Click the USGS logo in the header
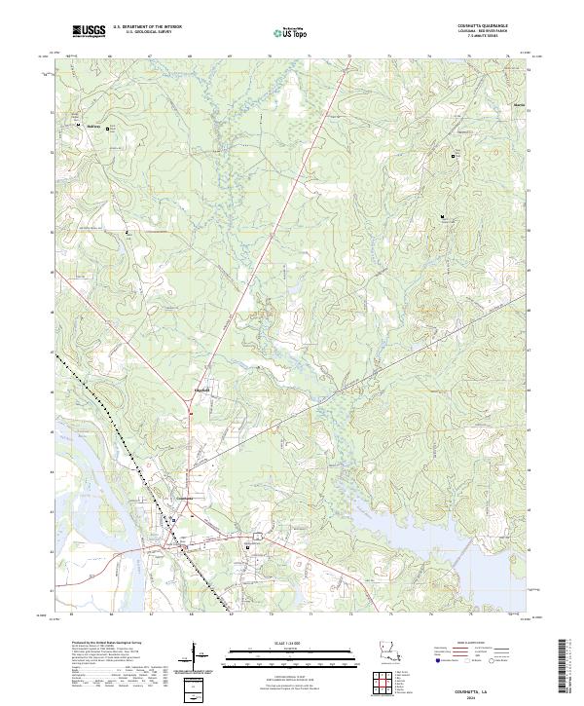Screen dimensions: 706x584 89,31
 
